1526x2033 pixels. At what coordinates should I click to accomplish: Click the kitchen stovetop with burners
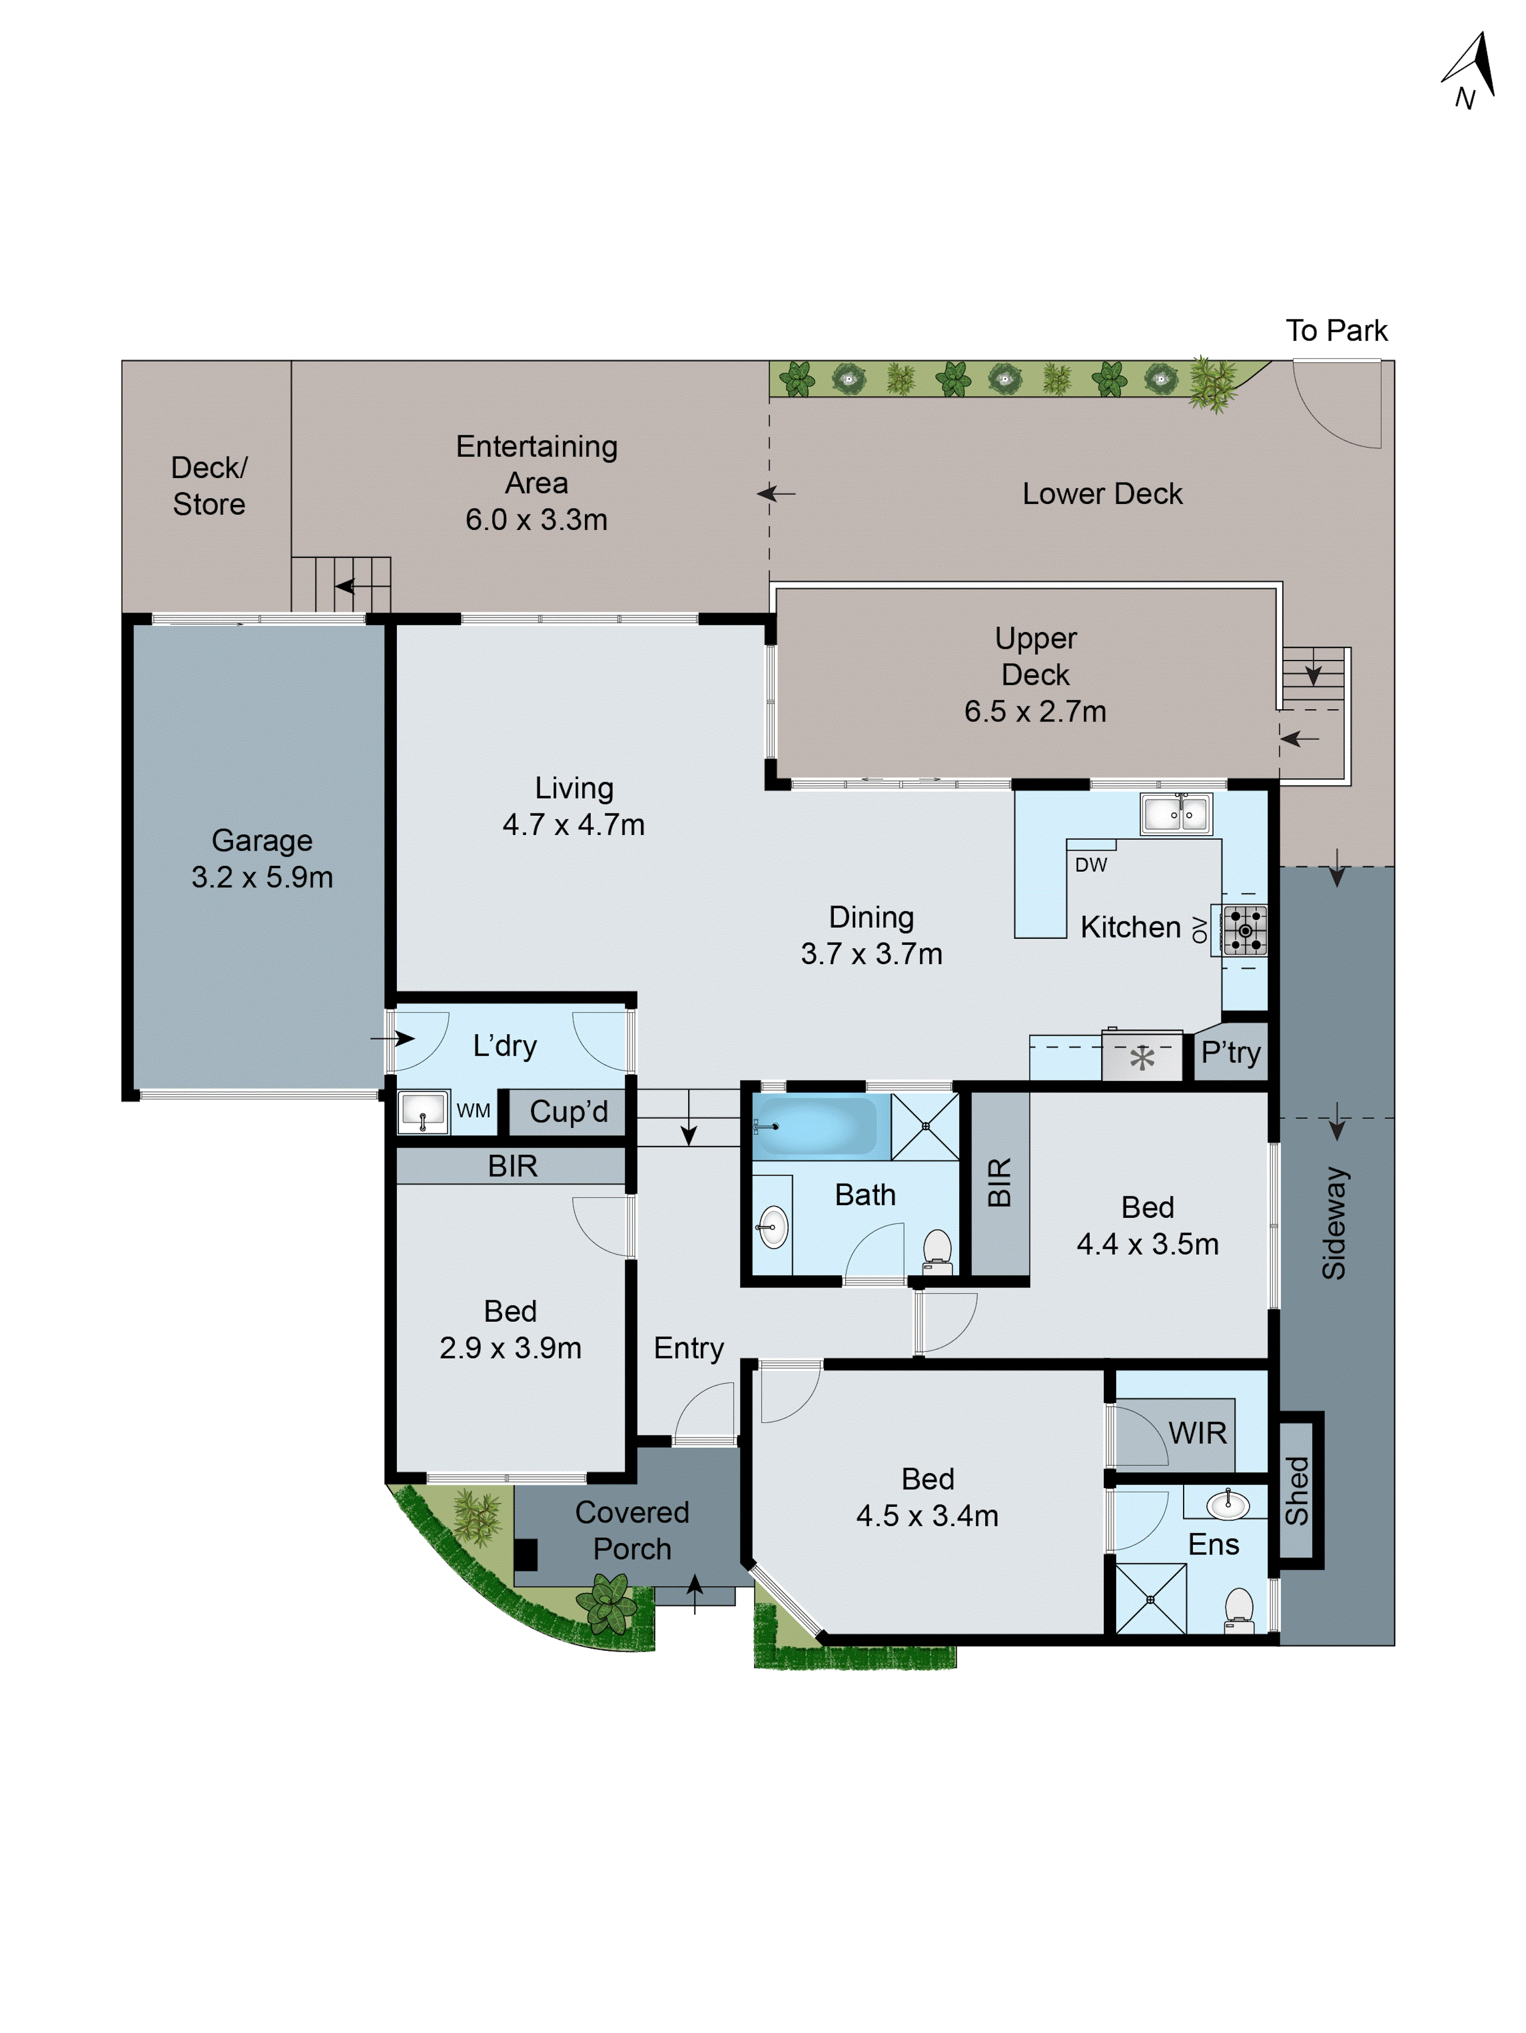pyautogui.click(x=1245, y=930)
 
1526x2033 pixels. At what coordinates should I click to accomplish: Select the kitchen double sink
pyautogui.click(x=1175, y=814)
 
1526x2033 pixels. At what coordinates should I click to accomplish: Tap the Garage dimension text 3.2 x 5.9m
pyautogui.click(x=262, y=877)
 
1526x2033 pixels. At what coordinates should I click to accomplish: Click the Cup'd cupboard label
pyautogui.click(x=568, y=1111)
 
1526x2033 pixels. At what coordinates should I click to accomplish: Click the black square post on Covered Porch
pyautogui.click(x=525, y=1554)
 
